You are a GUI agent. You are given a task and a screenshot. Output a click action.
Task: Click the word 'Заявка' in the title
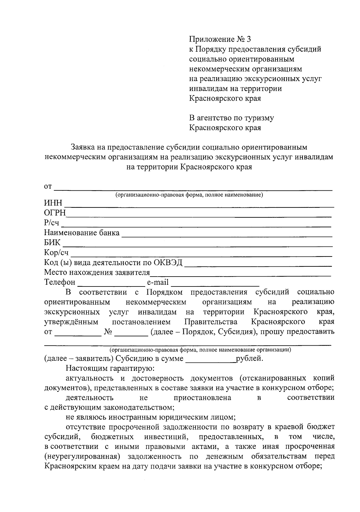[82, 147]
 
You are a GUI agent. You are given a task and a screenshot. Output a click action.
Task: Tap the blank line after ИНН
[199, 205]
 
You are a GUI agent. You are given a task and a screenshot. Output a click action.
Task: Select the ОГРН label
[55, 213]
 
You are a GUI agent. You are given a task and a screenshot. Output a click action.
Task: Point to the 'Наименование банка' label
[82, 233]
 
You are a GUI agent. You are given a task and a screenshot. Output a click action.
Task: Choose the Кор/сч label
[56, 253]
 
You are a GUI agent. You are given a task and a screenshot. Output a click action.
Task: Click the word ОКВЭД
[168, 263]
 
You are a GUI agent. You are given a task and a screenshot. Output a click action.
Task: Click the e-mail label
[157, 283]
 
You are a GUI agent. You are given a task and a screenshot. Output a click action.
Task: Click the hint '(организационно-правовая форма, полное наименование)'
[189, 195]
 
